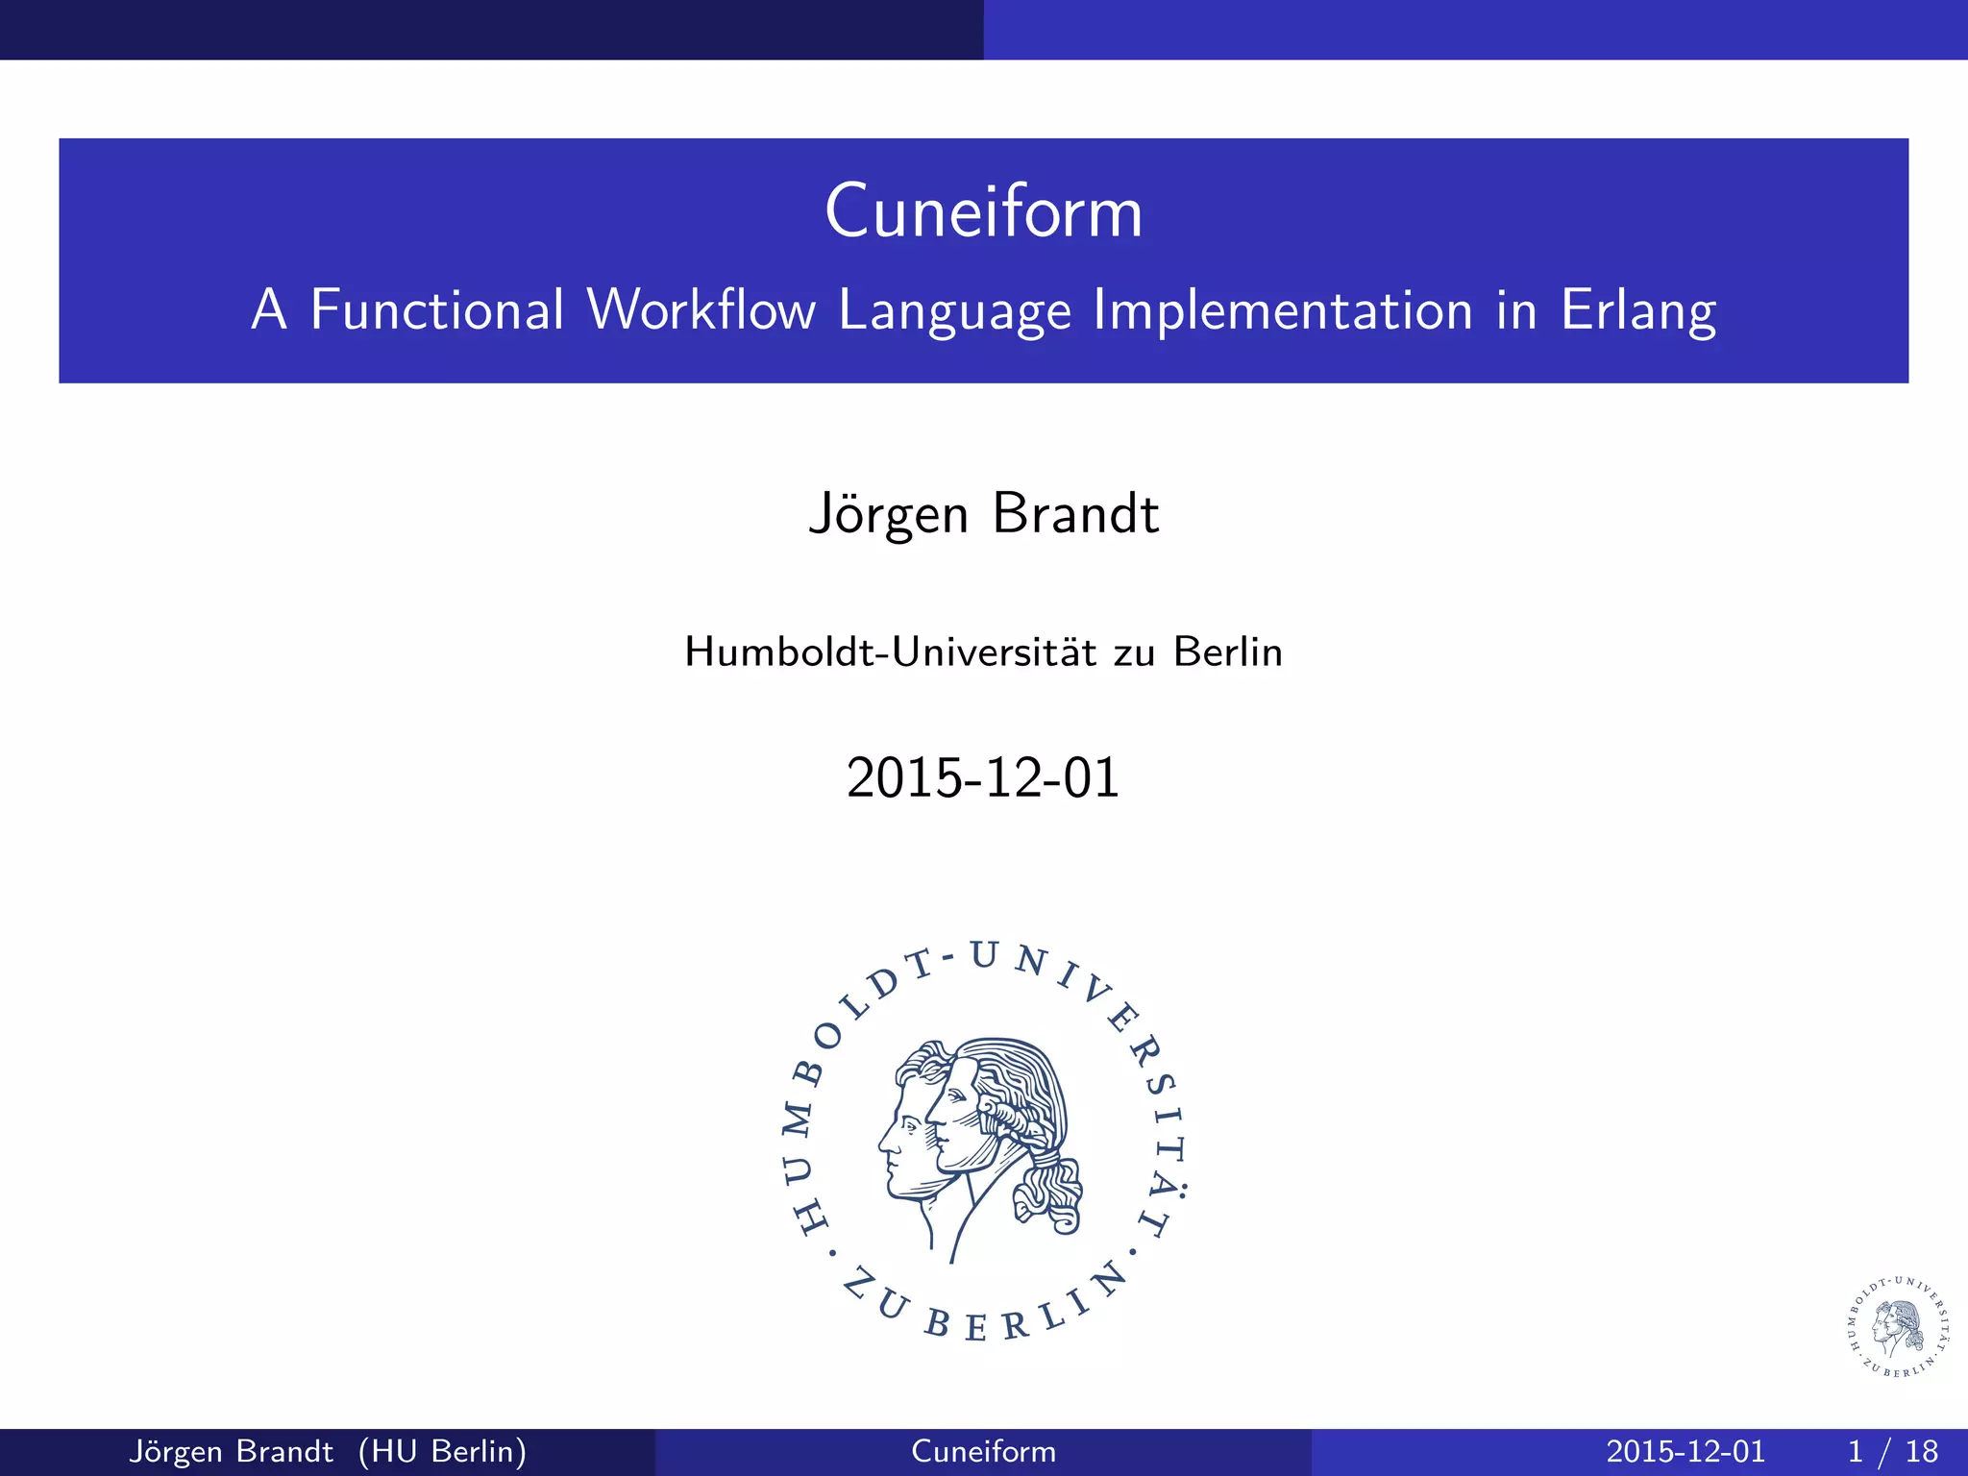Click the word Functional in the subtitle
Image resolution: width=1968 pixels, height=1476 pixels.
(x=437, y=310)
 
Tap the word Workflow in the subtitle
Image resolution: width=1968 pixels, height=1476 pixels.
(x=701, y=310)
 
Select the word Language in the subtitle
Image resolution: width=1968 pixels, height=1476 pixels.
(x=953, y=312)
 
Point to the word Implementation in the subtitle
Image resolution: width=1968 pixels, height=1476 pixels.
(x=1283, y=310)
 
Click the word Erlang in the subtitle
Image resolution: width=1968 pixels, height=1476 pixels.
(x=1637, y=312)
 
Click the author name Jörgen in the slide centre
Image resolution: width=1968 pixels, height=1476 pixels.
(x=888, y=514)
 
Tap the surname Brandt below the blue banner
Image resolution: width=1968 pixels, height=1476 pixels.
(x=1075, y=514)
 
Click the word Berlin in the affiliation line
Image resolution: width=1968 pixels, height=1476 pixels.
(x=1227, y=652)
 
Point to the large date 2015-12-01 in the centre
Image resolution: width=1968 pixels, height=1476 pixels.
(x=983, y=777)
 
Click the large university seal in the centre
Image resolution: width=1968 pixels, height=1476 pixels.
(x=983, y=1144)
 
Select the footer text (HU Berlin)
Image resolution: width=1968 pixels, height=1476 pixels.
(x=442, y=1451)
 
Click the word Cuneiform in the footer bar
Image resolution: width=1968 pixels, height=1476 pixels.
(x=983, y=1451)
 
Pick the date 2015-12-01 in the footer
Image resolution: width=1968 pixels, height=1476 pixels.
(x=1685, y=1451)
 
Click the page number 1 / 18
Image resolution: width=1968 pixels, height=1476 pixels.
(x=1892, y=1451)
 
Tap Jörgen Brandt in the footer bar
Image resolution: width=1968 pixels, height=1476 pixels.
(x=231, y=1451)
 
